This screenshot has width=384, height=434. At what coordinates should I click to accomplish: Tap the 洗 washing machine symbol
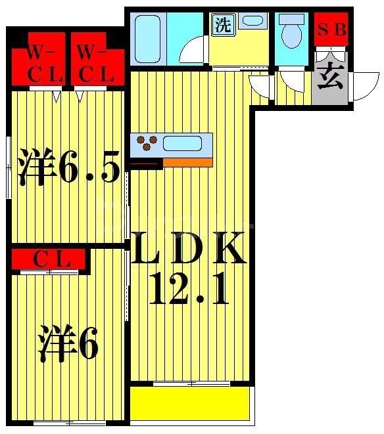(x=222, y=26)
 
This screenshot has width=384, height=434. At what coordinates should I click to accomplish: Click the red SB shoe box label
(x=331, y=30)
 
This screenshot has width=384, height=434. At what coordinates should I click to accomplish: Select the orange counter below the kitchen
(x=187, y=162)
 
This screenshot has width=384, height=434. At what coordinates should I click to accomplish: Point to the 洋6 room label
(x=68, y=343)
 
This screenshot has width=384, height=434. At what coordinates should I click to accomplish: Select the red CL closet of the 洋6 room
(x=47, y=260)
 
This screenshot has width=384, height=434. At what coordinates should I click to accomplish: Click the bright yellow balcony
(x=191, y=402)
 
